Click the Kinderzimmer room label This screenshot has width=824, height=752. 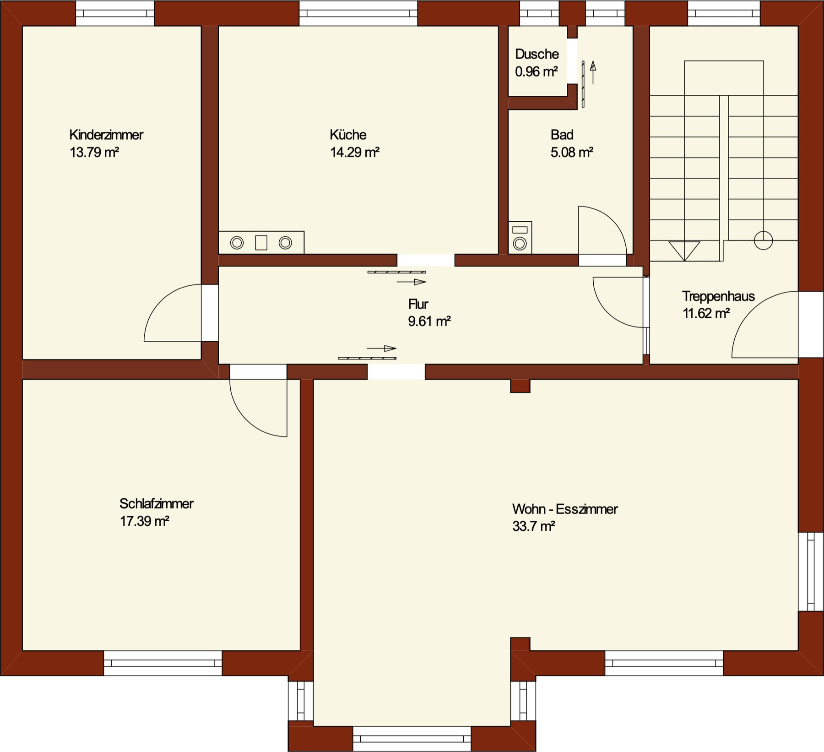[x=106, y=135]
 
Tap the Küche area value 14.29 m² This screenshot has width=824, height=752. [x=355, y=152]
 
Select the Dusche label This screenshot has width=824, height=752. [x=537, y=54]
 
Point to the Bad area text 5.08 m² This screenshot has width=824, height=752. [x=572, y=152]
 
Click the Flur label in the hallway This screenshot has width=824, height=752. [x=418, y=304]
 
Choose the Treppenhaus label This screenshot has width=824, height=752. [x=718, y=296]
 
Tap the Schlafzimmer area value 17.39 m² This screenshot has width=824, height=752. [x=145, y=521]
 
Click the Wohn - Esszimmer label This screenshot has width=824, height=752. [x=565, y=509]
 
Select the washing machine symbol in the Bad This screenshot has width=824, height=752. [x=520, y=237]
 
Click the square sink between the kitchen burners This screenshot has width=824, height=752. [x=261, y=243]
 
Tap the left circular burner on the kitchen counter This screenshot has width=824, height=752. [x=237, y=243]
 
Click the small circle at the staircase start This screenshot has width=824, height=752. [x=763, y=240]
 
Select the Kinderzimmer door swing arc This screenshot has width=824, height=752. [x=161, y=301]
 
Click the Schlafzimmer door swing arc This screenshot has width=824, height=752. [x=247, y=420]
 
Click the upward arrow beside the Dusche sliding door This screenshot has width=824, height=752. [x=593, y=73]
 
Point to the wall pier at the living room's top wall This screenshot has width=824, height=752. [x=520, y=386]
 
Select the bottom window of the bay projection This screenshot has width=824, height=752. [x=412, y=738]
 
